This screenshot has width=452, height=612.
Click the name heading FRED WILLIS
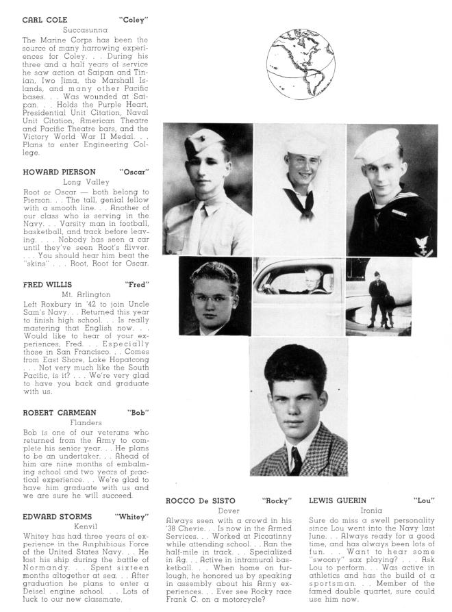[x=49, y=283]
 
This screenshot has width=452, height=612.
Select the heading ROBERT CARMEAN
[x=59, y=413]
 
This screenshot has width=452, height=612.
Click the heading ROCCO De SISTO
[x=201, y=500]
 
